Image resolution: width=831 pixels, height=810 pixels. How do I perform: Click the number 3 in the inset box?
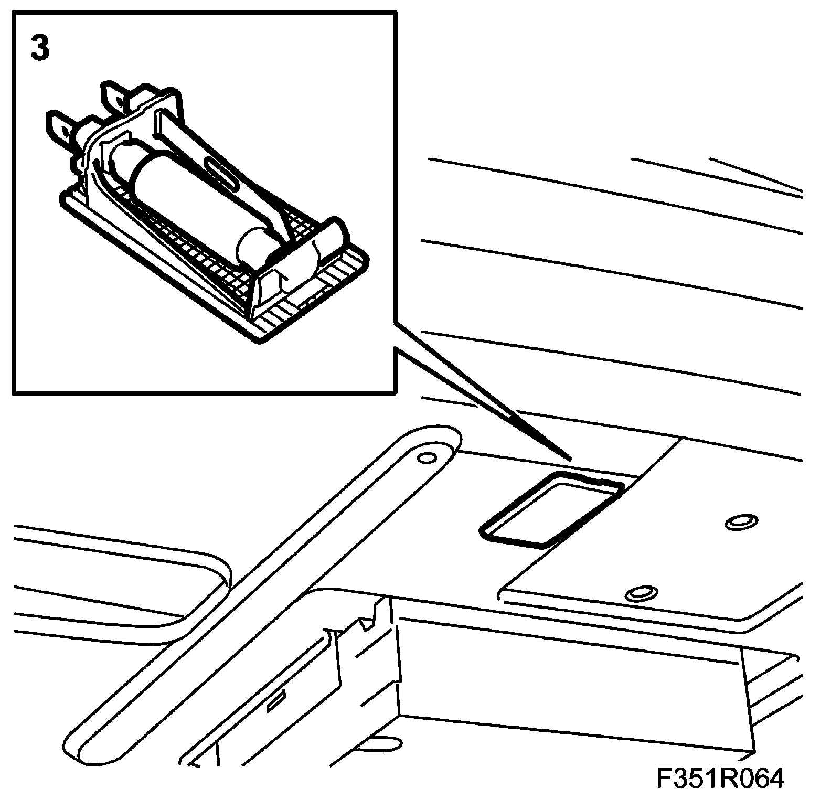point(40,49)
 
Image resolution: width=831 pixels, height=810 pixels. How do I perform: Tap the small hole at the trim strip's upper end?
point(427,457)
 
